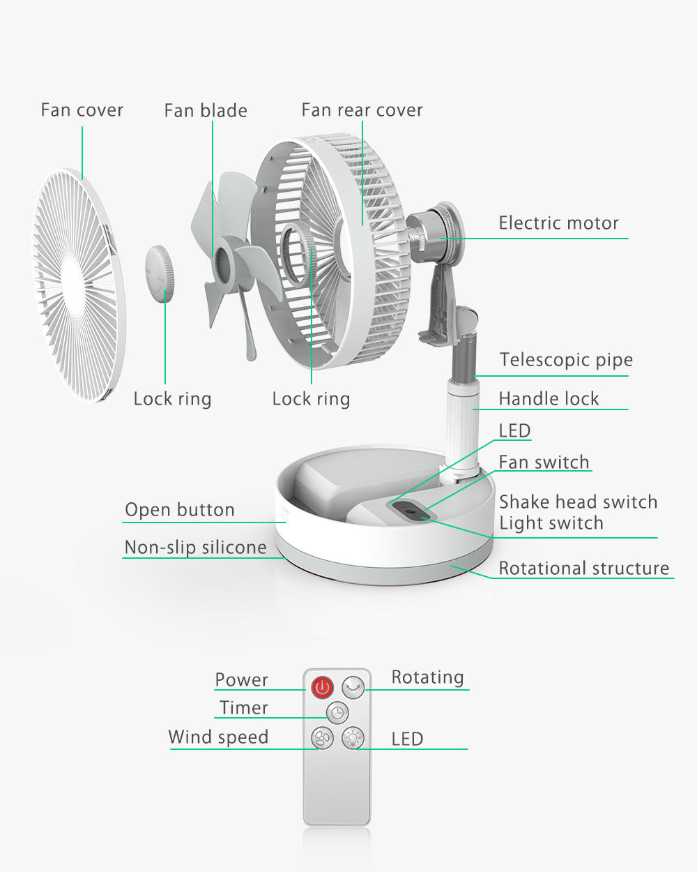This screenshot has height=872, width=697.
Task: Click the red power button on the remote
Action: (x=322, y=688)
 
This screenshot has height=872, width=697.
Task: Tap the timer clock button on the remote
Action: (x=337, y=712)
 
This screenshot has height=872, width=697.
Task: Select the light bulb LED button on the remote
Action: (x=353, y=737)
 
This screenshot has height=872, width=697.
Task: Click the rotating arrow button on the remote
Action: (x=354, y=688)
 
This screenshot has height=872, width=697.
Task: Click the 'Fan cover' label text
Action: (x=82, y=110)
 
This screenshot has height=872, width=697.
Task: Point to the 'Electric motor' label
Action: (x=558, y=223)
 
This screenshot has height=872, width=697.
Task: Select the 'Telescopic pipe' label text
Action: (x=566, y=360)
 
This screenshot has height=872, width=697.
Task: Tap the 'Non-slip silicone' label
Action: (x=195, y=548)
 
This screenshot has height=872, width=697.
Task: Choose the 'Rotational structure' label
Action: (x=583, y=569)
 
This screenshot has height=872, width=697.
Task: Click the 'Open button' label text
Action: (x=179, y=510)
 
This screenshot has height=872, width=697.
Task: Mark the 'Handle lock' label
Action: (x=549, y=399)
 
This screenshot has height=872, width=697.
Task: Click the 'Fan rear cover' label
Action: (x=362, y=110)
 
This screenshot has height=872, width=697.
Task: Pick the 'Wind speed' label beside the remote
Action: (x=218, y=737)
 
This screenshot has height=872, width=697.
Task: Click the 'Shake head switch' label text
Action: (x=578, y=502)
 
